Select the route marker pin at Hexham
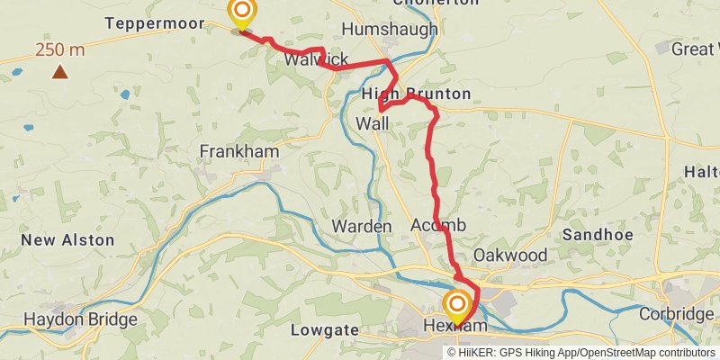457,304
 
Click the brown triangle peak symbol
60,70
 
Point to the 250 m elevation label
60,49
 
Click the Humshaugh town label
390,30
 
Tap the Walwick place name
316,59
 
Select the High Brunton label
416,94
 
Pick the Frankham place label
239,151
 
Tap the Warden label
362,225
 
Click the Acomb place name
438,224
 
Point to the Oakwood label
510,255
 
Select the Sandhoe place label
591,234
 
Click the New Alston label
68,239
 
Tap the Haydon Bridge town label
80,319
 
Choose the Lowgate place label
325,330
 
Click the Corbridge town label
676,314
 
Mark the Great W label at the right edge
694,49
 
